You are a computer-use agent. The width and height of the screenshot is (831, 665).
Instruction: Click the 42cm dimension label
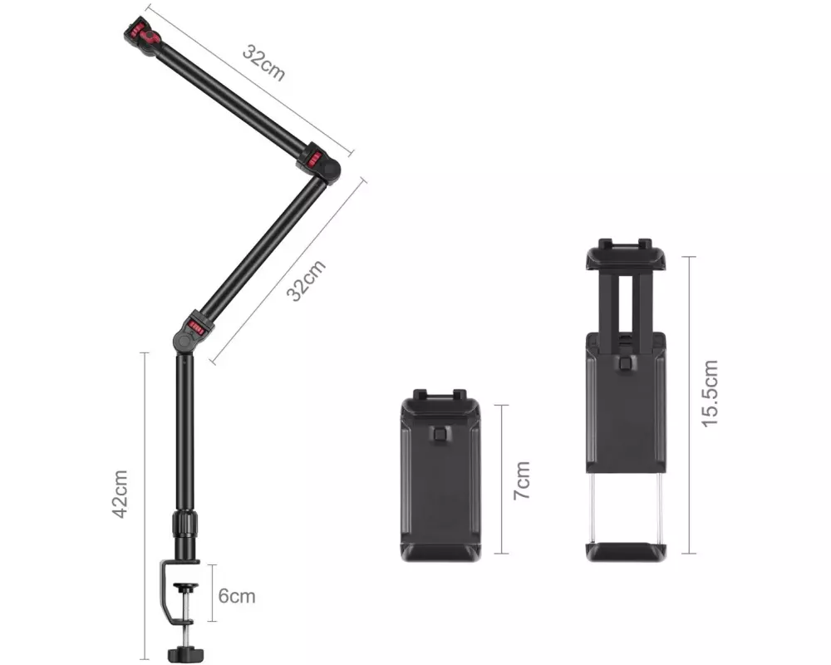[x=120, y=494]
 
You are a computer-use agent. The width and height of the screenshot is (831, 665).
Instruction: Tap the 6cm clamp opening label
[x=237, y=596]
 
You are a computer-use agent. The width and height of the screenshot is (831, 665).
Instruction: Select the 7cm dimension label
[x=522, y=480]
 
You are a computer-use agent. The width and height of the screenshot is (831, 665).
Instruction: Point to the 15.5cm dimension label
[x=710, y=393]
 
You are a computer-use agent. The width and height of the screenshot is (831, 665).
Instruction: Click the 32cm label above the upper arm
[x=264, y=62]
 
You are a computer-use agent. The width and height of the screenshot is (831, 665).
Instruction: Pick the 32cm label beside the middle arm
[x=307, y=281]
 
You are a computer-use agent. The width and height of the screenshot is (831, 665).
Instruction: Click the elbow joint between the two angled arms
[x=320, y=162]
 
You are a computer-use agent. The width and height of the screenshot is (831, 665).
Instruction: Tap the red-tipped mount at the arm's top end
[x=143, y=37]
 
